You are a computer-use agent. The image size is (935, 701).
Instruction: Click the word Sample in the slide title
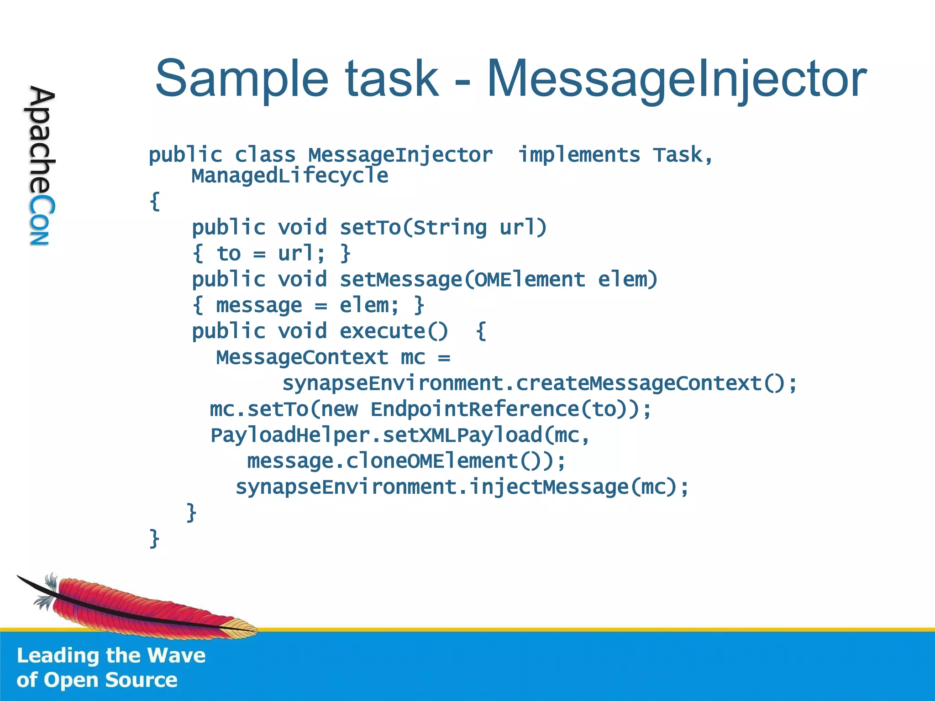[x=242, y=78]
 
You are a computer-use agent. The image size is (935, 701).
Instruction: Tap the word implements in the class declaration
[x=579, y=155]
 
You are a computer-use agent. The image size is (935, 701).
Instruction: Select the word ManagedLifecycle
[x=289, y=176]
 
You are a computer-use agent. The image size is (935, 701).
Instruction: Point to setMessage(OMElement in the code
[x=462, y=279]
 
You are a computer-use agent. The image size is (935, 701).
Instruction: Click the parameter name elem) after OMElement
[x=628, y=279]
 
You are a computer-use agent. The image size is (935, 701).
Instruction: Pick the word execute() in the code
[x=394, y=331]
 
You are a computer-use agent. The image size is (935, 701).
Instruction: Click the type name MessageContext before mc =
[x=302, y=357]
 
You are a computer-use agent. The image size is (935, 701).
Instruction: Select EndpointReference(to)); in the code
[x=510, y=409]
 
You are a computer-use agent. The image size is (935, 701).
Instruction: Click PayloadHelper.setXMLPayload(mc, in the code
[x=400, y=435]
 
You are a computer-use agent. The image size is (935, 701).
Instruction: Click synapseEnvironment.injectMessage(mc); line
[x=462, y=487]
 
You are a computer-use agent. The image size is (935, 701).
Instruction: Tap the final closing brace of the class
[x=154, y=539]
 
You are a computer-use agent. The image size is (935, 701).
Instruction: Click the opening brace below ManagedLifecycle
[x=155, y=201]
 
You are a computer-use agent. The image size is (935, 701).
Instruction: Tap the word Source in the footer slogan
[x=141, y=680]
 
